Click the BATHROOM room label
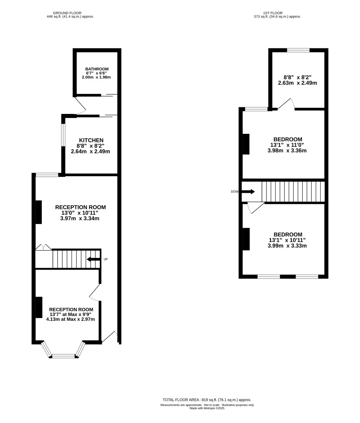tap(97, 69)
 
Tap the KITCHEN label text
tap(91, 140)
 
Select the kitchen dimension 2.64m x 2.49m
tap(91, 151)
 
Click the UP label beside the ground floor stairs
tap(106, 259)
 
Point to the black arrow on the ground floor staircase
tap(93, 259)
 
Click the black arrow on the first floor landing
tap(248, 192)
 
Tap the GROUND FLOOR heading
tap(67, 13)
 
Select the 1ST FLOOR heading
tap(273, 13)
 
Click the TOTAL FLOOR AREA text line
tap(207, 400)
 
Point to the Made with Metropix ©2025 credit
tap(207, 408)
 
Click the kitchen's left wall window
tap(63, 135)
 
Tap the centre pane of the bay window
tap(63, 356)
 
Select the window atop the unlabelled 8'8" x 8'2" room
tap(298, 50)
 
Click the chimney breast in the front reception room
tap(39, 307)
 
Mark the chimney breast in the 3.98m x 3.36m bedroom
tap(246, 144)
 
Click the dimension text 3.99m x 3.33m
tap(287, 246)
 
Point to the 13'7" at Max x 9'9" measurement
tap(71, 314)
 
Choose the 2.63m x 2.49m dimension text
tap(297, 83)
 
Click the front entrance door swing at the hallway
tap(111, 337)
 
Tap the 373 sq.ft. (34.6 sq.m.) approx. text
tap(277, 16)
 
